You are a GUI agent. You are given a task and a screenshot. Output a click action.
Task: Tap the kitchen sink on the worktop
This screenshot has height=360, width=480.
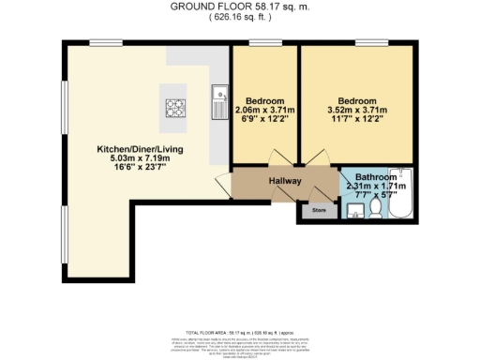click(219, 94)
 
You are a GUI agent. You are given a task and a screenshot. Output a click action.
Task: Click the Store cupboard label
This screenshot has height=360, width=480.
click(319, 211)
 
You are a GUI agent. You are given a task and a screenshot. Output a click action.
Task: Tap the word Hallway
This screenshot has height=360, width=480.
click(283, 179)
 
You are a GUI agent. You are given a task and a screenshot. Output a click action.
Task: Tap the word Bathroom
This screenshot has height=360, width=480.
click(376, 176)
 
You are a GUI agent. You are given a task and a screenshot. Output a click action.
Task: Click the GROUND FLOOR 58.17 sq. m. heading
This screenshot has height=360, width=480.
click(240, 6)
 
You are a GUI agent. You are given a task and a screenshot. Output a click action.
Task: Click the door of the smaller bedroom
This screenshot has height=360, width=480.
click(276, 158)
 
